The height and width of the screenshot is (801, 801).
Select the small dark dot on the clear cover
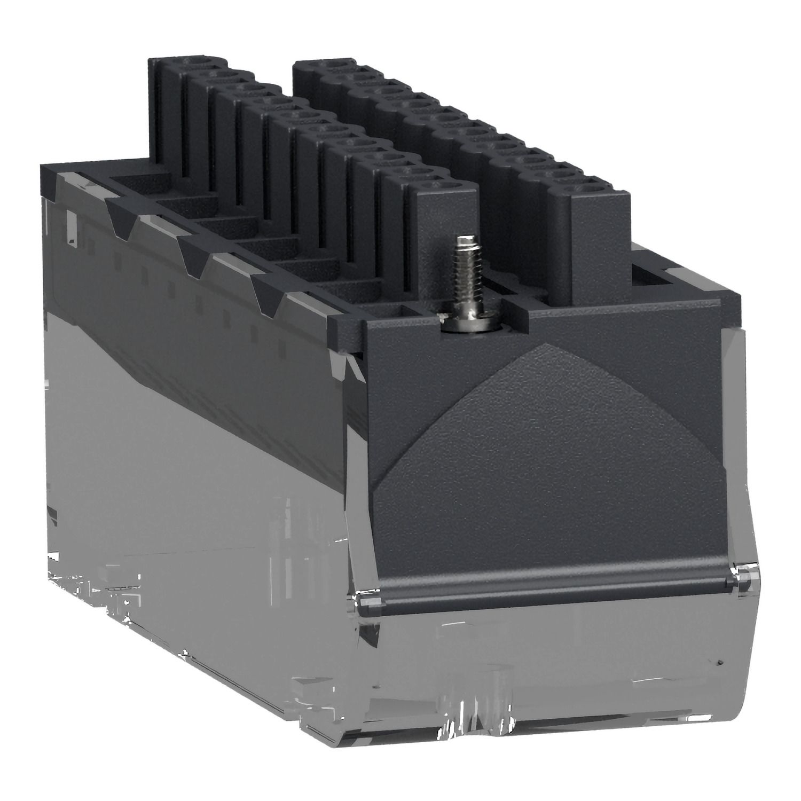click(x=721, y=663)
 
